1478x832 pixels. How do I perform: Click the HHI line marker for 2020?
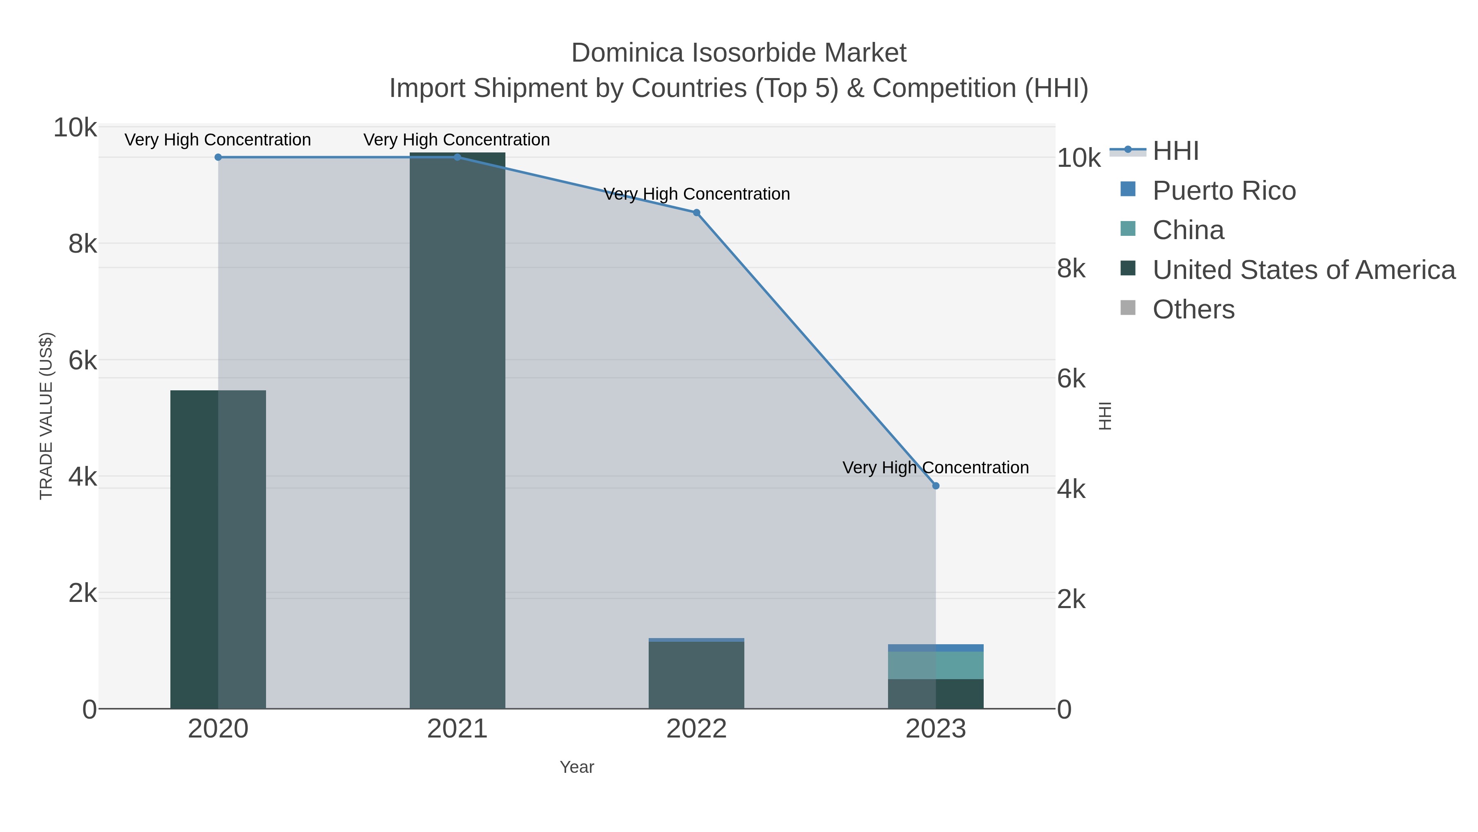coord(218,157)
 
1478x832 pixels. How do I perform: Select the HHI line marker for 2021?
coord(457,157)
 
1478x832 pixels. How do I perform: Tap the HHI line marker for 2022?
coord(697,212)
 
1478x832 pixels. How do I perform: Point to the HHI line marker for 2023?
coord(936,486)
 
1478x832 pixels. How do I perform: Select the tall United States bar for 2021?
coord(457,431)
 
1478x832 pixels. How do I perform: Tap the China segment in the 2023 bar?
coord(936,666)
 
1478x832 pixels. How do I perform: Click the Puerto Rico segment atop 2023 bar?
coord(936,648)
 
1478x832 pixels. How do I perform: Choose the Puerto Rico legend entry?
coord(1224,191)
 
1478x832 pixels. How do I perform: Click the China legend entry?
coord(1188,230)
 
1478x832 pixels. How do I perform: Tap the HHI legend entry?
coord(1175,151)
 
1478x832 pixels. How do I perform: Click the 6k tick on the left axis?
coord(83,361)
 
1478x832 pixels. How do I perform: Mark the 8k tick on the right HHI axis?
coord(1071,269)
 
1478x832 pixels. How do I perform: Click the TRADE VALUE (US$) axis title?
coord(46,416)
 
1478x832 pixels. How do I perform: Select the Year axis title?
coord(577,767)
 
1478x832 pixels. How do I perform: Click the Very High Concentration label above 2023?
coord(935,468)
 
